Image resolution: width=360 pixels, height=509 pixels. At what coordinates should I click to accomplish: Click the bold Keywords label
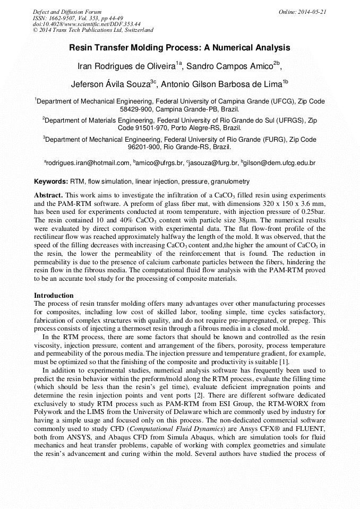tap(51, 182)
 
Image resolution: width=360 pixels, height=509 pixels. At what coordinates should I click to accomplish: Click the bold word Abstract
tap(48, 195)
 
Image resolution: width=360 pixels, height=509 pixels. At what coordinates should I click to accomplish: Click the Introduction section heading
tap(54, 295)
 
